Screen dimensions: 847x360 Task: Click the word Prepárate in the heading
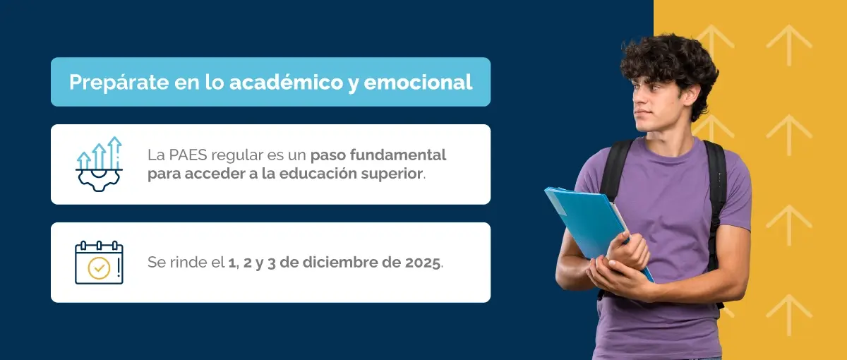[119, 83]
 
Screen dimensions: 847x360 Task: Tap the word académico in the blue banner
[286, 82]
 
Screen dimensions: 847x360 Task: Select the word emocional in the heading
[418, 82]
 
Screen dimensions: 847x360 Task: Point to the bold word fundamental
[398, 155]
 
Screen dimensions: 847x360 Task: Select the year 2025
[422, 263]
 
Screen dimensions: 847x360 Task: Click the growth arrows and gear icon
[99, 164]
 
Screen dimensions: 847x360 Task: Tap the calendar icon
[99, 263]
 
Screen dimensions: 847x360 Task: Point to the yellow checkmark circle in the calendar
[99, 268]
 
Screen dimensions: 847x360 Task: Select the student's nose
[638, 99]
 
